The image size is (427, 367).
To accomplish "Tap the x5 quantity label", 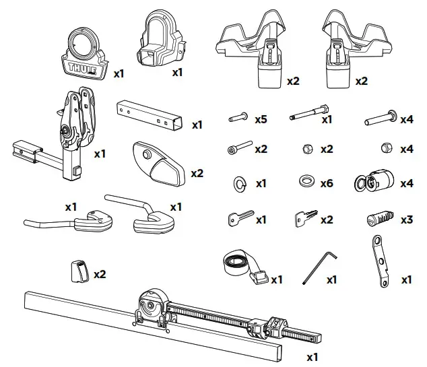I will coord(261,119).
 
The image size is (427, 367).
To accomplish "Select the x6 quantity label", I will coord(327,182).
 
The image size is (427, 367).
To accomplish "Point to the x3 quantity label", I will coord(406,220).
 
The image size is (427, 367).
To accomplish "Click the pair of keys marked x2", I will coord(304,218).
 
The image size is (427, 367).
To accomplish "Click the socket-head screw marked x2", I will coord(239,147).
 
